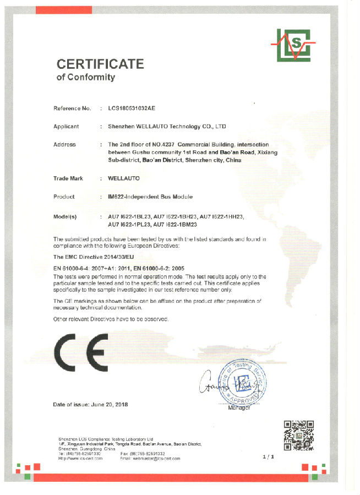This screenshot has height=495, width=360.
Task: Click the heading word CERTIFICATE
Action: (100, 64)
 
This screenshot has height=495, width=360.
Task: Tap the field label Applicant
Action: (66, 127)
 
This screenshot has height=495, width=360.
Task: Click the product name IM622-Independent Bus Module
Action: (150, 197)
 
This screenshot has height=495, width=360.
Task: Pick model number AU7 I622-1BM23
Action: (175, 224)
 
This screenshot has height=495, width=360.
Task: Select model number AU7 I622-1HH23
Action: (221, 216)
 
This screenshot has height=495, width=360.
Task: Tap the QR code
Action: (298, 435)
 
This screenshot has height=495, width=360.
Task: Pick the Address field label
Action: (64, 144)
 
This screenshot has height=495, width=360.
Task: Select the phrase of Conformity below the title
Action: (86, 78)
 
